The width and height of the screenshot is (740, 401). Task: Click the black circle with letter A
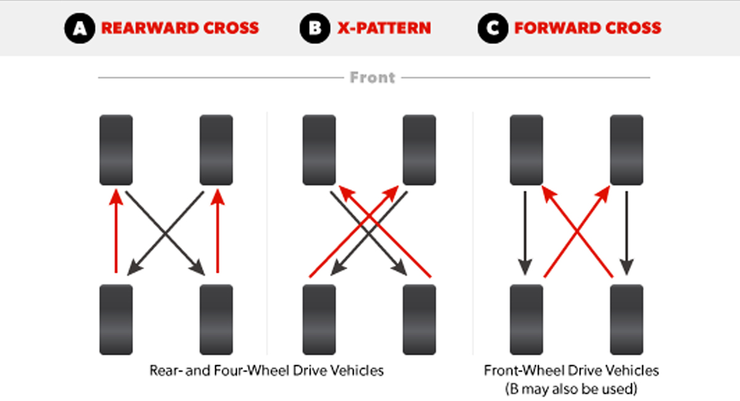click(x=80, y=28)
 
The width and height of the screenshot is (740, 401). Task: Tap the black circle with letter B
click(x=315, y=28)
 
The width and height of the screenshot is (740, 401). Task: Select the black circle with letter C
click(x=493, y=28)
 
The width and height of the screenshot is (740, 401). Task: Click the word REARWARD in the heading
click(x=149, y=28)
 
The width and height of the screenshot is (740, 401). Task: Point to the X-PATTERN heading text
click(x=384, y=28)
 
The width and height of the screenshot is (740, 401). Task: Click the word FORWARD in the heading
click(x=557, y=28)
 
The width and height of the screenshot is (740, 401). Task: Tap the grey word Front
click(x=372, y=78)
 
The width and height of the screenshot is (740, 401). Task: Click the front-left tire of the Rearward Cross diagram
click(x=116, y=150)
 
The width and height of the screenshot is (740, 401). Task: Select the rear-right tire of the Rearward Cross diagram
click(x=216, y=320)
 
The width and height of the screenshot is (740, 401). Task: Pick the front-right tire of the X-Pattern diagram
click(x=419, y=150)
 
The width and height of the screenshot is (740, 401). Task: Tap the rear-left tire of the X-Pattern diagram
click(x=319, y=320)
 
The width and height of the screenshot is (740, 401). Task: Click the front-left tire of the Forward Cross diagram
click(x=526, y=150)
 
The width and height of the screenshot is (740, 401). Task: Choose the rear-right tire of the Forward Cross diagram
click(x=627, y=320)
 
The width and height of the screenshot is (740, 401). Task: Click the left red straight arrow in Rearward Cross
click(x=116, y=231)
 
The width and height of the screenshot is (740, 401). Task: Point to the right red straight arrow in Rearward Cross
click(x=217, y=231)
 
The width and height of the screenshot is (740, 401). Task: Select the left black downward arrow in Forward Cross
click(x=525, y=233)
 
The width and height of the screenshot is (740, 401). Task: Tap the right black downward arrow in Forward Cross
click(x=627, y=233)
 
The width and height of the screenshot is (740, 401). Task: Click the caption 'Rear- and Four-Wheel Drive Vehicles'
click(x=266, y=371)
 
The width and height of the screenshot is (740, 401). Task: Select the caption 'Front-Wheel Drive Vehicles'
click(x=571, y=371)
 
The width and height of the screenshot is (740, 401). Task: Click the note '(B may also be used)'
click(x=571, y=389)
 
